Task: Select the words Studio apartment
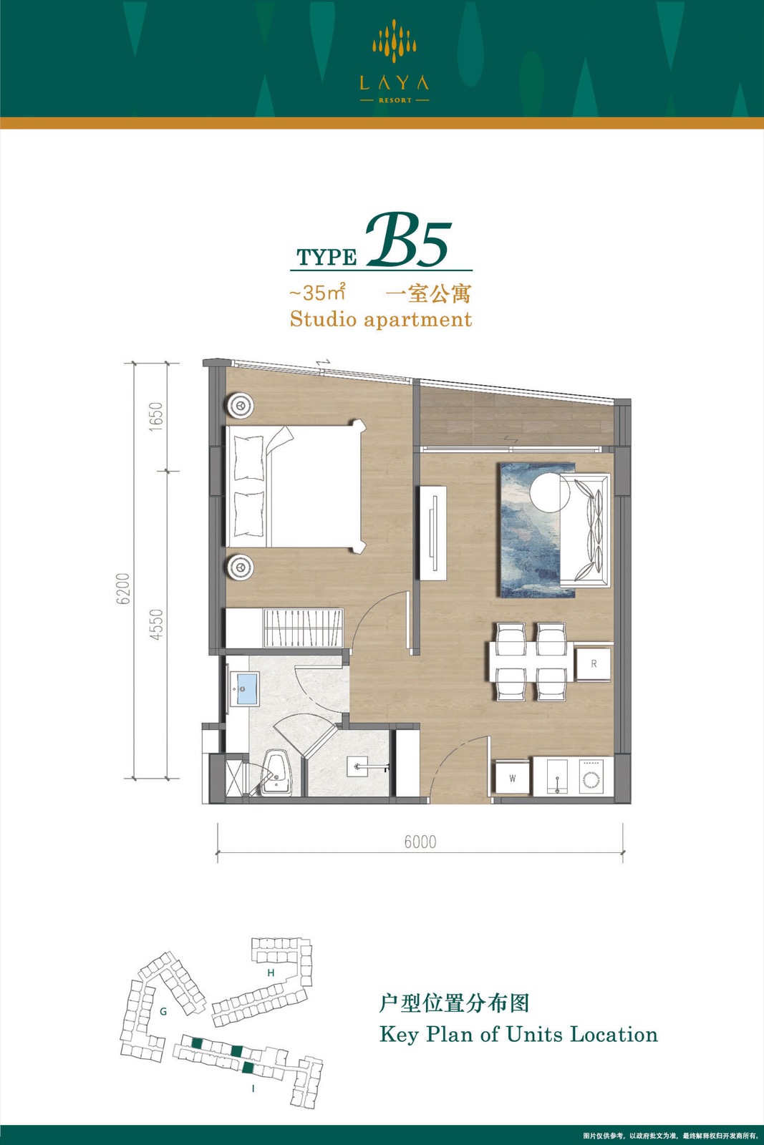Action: click(380, 319)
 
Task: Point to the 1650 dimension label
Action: click(156, 416)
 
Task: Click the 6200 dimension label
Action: click(123, 590)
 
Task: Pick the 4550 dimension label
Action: click(156, 624)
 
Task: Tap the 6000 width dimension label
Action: click(420, 842)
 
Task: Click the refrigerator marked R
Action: click(593, 664)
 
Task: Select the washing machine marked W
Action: click(513, 779)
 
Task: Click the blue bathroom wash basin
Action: click(244, 688)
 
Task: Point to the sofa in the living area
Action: click(585, 530)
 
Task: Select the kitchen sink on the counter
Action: click(556, 777)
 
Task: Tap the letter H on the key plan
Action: click(271, 973)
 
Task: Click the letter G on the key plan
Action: click(163, 1011)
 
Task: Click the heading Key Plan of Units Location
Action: click(518, 1035)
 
